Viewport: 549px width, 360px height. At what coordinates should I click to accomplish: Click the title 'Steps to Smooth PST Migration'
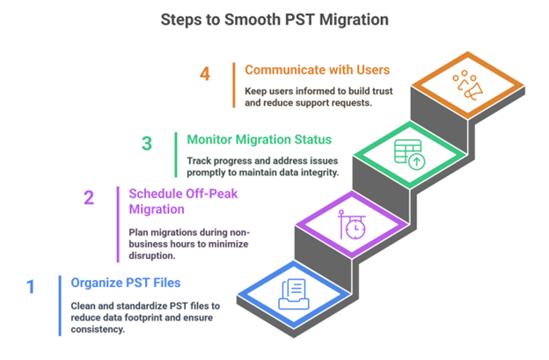coord(274,18)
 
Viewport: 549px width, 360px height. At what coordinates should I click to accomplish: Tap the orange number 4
coord(205,74)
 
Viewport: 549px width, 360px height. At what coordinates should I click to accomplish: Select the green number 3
coord(148,143)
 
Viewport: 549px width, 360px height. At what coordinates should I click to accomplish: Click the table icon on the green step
coord(409,156)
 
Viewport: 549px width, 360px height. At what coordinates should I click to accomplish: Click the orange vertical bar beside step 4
coord(234,86)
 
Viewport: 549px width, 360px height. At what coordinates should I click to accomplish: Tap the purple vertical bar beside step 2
coord(118,224)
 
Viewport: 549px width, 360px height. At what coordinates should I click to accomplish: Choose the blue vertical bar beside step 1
coord(60,305)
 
